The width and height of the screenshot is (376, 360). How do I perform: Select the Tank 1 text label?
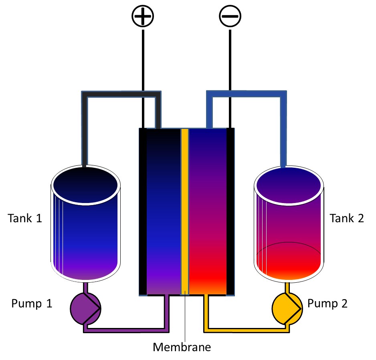pos(25,219)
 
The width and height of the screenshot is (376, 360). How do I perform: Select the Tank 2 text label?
pos(347,219)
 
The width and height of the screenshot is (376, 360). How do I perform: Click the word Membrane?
pos(182,347)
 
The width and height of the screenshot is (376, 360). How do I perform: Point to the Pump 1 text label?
pos(32,303)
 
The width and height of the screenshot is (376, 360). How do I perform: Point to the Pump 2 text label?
pos(327,303)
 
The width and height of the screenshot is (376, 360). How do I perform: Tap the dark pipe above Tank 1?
pos(120,95)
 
